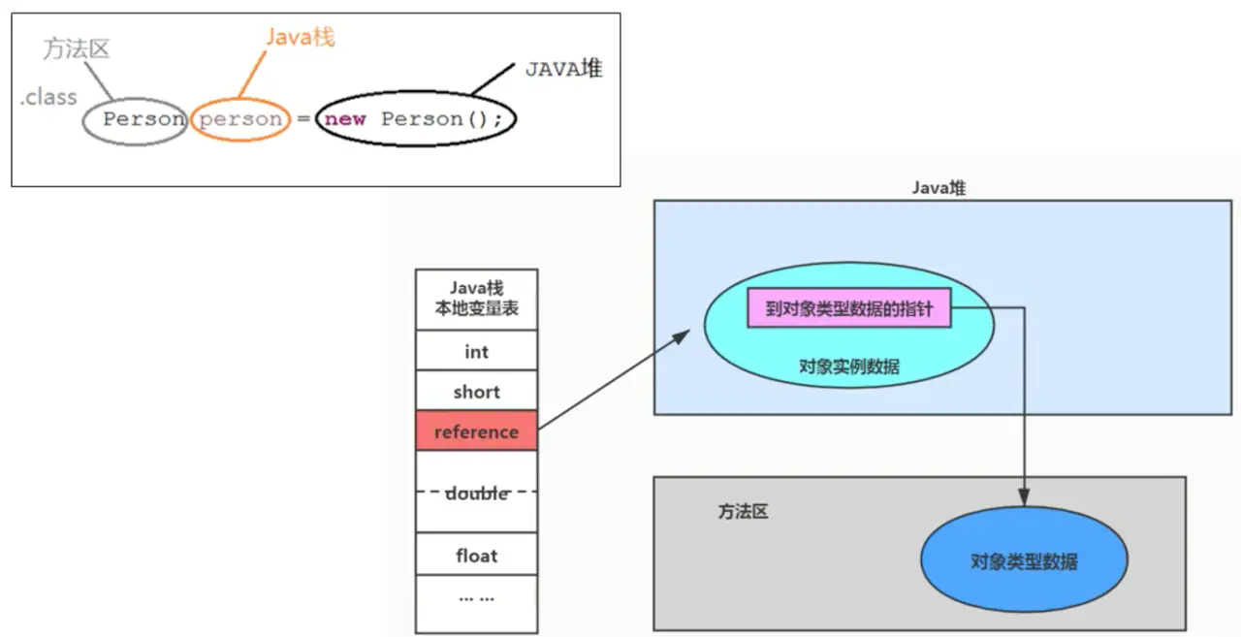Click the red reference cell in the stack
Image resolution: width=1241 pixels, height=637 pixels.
click(476, 431)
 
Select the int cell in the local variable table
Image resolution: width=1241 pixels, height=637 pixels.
click(476, 351)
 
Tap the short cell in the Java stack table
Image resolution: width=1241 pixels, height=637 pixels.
click(476, 392)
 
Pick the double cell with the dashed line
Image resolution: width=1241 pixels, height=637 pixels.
click(476, 493)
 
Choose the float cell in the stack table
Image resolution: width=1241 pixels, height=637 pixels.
click(476, 556)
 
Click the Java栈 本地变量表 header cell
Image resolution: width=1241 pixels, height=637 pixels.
click(476, 299)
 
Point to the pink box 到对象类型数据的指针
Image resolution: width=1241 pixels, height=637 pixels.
click(848, 309)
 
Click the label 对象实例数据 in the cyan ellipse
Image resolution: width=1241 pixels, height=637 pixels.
click(848, 366)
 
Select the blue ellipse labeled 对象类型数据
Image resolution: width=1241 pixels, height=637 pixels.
click(1024, 561)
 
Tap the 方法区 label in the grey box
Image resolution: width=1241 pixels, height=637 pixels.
click(743, 511)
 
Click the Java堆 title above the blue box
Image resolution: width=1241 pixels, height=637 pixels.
click(938, 188)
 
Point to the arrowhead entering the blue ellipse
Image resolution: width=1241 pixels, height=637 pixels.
click(1024, 498)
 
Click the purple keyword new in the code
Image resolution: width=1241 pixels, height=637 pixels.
click(345, 119)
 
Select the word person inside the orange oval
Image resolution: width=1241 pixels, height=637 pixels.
click(240, 119)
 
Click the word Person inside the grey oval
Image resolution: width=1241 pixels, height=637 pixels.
click(143, 119)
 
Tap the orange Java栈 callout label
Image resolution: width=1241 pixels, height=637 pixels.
click(301, 39)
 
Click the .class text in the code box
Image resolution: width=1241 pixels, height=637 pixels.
click(48, 97)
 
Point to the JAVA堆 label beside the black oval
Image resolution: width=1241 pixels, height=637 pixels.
click(563, 69)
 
